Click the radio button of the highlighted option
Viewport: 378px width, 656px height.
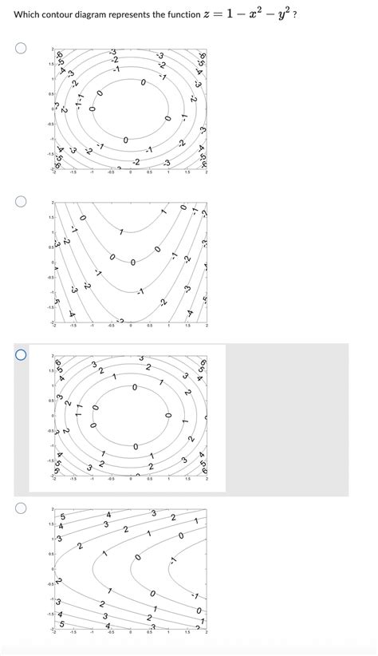(20, 354)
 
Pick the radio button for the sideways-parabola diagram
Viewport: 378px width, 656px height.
(20, 507)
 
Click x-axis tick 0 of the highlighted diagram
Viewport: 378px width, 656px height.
(131, 479)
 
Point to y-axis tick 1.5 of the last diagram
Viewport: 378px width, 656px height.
(49, 525)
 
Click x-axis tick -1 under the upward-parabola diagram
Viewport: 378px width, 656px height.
(93, 326)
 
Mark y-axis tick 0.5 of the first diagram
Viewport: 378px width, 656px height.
(49, 95)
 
